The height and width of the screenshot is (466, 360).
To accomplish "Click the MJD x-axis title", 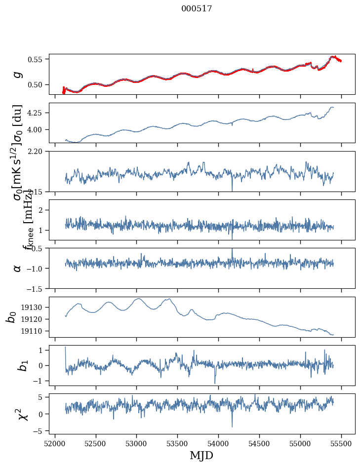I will coord(201,455).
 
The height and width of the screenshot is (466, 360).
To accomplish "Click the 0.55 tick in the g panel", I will coord(37,59).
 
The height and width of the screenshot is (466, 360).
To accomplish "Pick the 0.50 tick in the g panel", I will coord(37,85).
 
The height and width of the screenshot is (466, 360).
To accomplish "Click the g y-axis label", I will coord(18,74).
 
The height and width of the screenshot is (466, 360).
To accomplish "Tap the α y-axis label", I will coord(18,268).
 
